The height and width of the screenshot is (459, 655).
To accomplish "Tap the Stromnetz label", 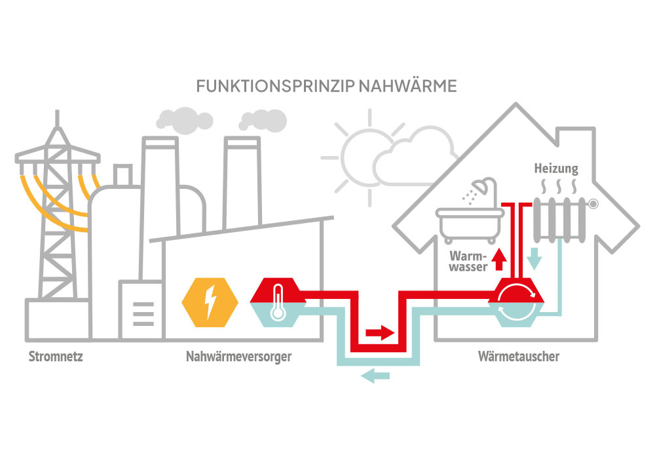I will tap(56, 357).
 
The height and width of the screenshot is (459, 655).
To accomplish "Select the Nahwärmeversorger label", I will tap(238, 357).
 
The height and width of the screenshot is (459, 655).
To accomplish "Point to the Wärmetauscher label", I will tap(518, 357).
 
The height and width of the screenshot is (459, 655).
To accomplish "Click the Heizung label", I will tap(555, 169).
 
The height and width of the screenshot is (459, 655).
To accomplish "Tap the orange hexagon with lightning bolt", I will tap(210, 302).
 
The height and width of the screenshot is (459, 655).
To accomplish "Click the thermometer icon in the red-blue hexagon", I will tap(278, 301).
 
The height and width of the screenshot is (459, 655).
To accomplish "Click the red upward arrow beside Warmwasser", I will tap(499, 259).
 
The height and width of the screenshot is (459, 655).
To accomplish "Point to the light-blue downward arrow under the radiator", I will tap(534, 258).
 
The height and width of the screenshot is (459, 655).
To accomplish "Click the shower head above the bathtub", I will tap(482, 186).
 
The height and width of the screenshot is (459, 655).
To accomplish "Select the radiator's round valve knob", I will tap(593, 204).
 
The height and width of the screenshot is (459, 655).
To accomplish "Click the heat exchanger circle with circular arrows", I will tap(517, 301).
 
